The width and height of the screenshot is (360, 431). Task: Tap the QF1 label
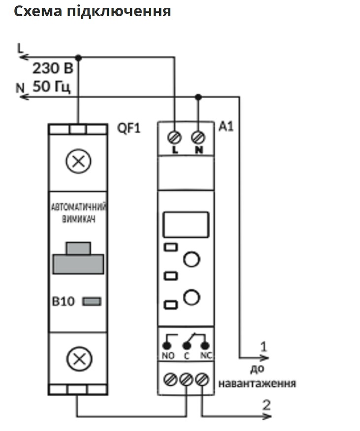[129, 128]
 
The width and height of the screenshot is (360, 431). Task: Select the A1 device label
[226, 127]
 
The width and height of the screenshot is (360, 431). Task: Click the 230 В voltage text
[53, 68]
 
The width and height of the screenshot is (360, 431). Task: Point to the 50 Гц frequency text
[52, 86]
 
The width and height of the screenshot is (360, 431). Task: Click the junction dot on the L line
[79, 58]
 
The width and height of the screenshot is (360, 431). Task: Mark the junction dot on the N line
[198, 97]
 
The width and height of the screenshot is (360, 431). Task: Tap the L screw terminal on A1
[174, 137]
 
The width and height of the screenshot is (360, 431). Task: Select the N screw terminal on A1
[198, 137]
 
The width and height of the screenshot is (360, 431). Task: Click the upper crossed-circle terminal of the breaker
[79, 162]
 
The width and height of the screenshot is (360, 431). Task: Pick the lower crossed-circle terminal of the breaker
[79, 359]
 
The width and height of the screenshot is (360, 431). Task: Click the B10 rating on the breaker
[63, 301]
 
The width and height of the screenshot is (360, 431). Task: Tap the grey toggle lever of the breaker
[78, 259]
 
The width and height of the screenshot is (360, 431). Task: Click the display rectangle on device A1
[186, 225]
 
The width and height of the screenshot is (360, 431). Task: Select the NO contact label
[168, 356]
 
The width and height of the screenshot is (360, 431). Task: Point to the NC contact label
[206, 356]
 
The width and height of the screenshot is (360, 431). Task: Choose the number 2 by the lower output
[266, 405]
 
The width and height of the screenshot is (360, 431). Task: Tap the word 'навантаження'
[257, 383]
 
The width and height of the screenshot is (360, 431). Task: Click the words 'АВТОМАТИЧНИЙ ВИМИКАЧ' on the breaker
[79, 213]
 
